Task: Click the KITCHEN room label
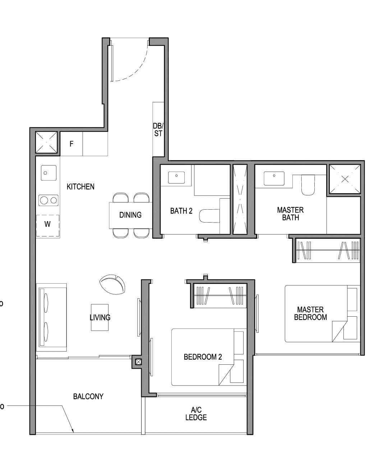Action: pos(80,187)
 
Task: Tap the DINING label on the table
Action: pos(130,215)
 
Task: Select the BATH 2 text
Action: pos(181,211)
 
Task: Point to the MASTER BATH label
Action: pos(290,214)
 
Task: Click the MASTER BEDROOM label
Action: pos(310,313)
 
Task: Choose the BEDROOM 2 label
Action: pos(203,357)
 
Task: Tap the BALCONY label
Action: pos(88,396)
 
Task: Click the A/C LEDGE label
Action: pos(196,414)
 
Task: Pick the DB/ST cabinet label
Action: pos(158,130)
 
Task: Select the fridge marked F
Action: pos(71,144)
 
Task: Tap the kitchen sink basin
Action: pos(48,173)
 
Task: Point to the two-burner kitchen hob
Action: pos(48,200)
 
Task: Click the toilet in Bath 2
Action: pos(209,216)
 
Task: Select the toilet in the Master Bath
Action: pos(308,185)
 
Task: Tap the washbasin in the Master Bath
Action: pos(274,178)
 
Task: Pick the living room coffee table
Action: pos(100,317)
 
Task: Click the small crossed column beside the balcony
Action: pos(138,362)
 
